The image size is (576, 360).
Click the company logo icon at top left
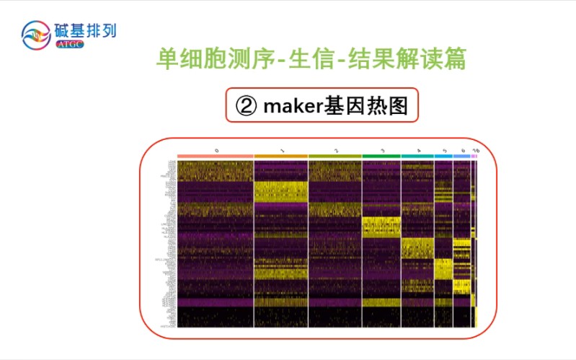37,35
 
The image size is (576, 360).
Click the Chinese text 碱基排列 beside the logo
85,30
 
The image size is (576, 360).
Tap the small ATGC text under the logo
69,45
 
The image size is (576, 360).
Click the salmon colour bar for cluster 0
216,156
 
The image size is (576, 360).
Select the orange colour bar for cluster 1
281,156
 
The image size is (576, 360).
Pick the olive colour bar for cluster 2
334,156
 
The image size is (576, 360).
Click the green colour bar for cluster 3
381,156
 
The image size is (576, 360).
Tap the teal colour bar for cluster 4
417,156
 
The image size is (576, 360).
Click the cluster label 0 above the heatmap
216,150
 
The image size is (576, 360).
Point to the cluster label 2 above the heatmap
335,150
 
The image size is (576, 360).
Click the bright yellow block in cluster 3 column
381,227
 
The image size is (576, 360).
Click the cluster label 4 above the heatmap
418,150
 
